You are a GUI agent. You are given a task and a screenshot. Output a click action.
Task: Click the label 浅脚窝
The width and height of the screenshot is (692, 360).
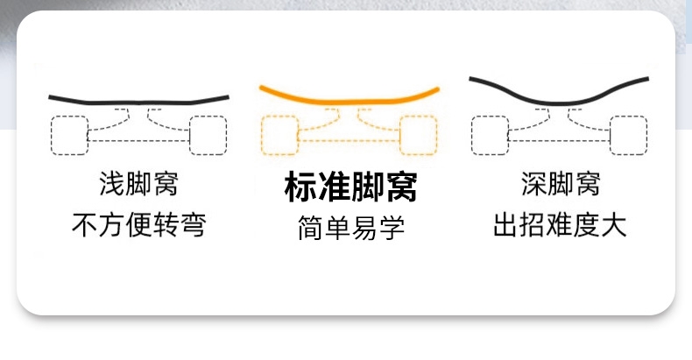(139, 184)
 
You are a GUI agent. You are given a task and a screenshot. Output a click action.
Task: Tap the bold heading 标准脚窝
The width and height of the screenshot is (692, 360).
(351, 187)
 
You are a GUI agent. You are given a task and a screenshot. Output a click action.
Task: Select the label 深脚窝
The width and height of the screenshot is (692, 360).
(561, 184)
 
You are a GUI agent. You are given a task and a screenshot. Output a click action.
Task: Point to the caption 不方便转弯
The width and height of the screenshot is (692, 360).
(139, 224)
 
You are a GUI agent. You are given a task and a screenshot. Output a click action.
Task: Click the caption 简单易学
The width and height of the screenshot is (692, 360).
(351, 228)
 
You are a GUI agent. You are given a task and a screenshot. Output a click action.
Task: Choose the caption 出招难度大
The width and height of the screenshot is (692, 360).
(560, 224)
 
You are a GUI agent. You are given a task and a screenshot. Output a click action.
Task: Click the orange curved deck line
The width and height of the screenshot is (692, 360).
(350, 102)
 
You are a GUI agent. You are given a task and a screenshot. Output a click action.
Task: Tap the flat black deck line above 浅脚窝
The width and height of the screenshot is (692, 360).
(139, 102)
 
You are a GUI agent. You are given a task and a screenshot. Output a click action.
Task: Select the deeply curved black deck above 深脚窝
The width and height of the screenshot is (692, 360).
(559, 104)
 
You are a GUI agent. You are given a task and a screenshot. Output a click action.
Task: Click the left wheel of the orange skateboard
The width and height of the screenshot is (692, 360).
(279, 135)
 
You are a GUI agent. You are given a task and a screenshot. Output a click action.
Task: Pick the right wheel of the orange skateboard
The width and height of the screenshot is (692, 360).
(419, 135)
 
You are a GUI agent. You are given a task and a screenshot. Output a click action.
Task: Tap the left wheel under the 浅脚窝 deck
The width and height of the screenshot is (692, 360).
(70, 135)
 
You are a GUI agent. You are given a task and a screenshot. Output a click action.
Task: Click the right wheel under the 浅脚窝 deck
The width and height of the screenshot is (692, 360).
(208, 135)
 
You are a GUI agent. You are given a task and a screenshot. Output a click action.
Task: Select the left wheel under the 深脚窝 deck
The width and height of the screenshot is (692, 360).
(490, 135)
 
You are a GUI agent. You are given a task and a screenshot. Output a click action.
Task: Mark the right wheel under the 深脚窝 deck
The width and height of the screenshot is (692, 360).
(628, 135)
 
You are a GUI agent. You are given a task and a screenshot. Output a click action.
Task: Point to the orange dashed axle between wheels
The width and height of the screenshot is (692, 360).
(350, 141)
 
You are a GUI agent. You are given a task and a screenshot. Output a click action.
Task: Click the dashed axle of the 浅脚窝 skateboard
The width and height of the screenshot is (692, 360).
(139, 141)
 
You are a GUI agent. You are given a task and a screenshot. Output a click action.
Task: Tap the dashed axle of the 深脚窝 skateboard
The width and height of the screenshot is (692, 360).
(559, 141)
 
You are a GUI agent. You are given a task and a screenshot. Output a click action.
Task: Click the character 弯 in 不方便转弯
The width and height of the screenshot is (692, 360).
(193, 224)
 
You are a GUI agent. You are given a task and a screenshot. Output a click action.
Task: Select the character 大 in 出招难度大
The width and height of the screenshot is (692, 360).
(614, 224)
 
